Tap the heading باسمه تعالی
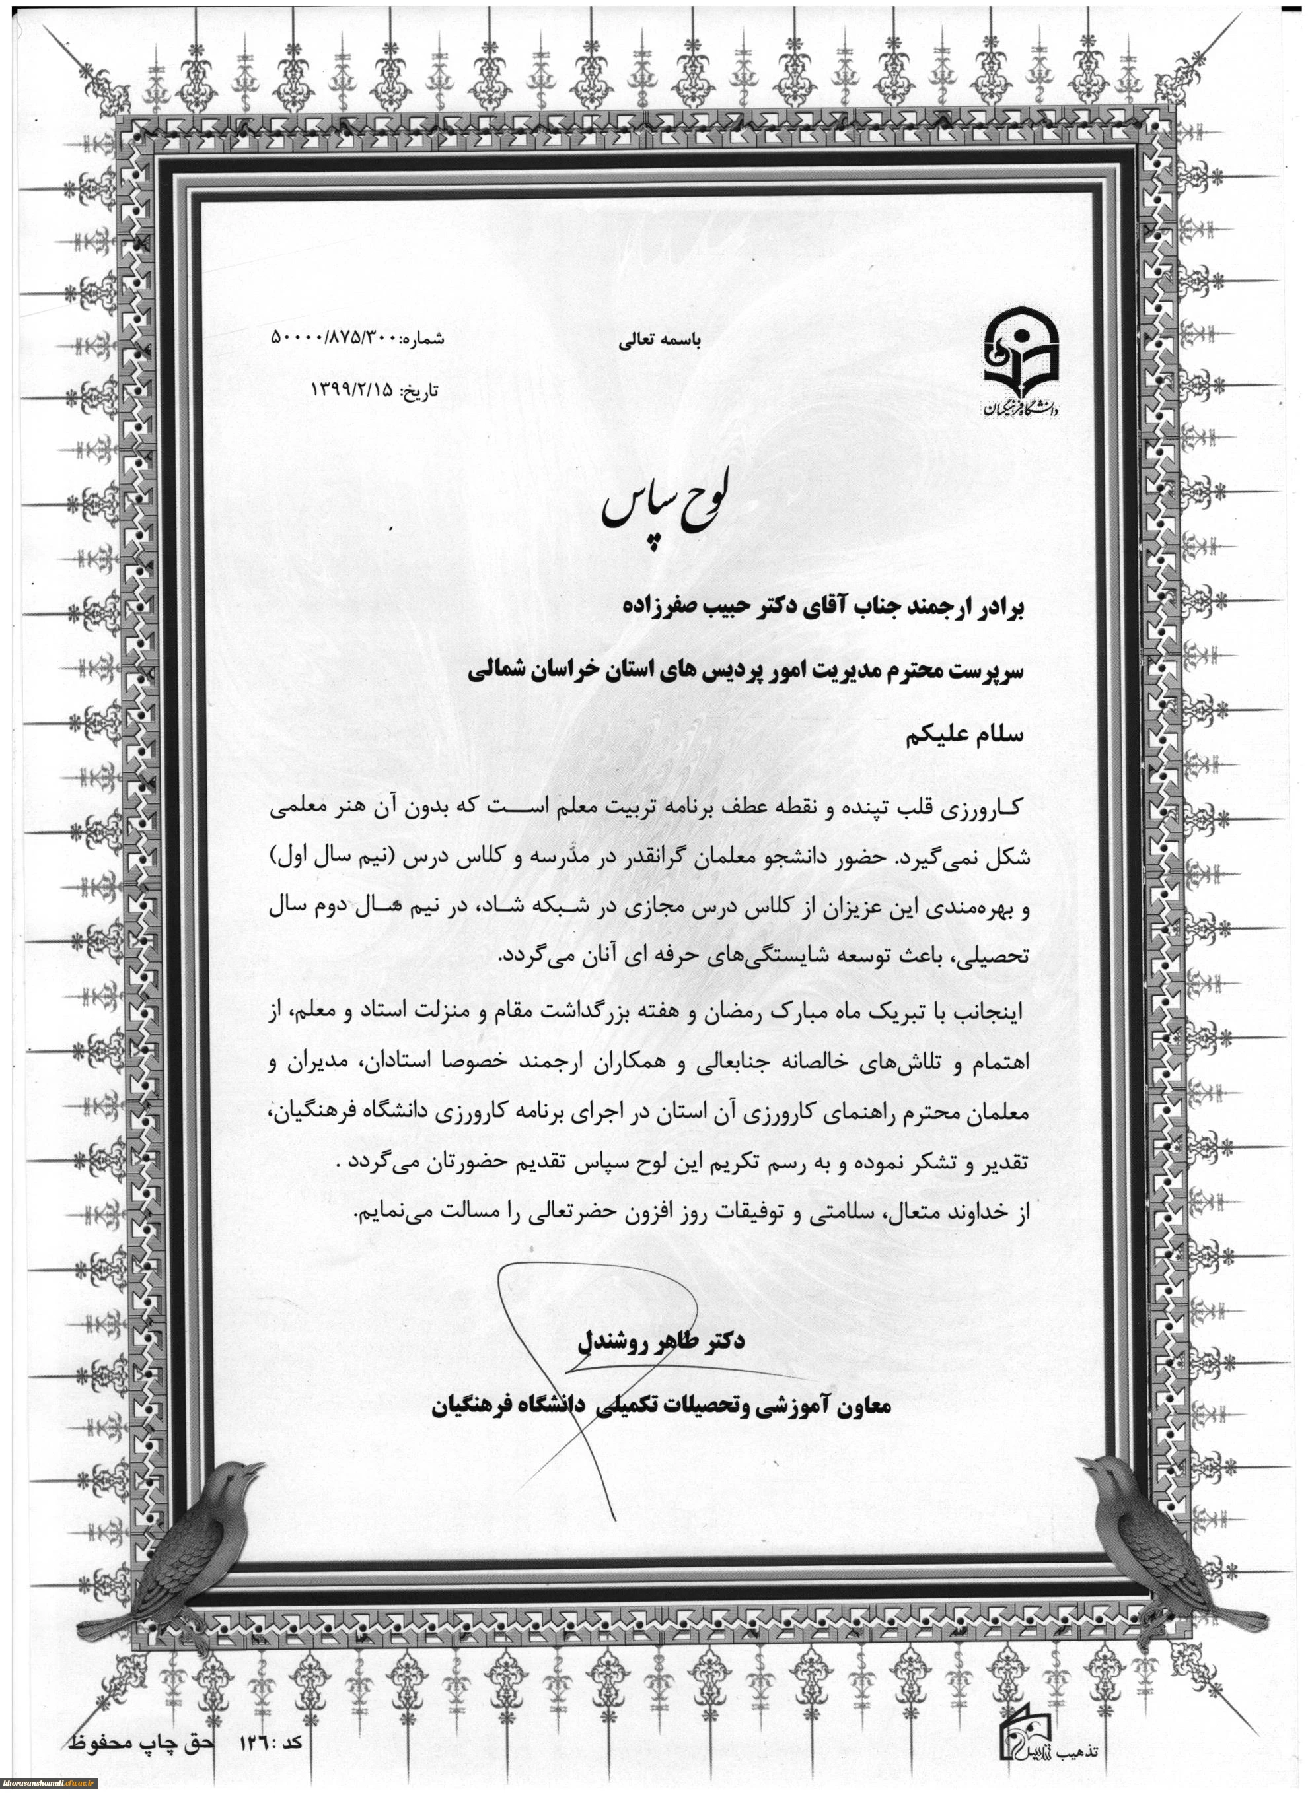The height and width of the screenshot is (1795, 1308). point(659,341)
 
